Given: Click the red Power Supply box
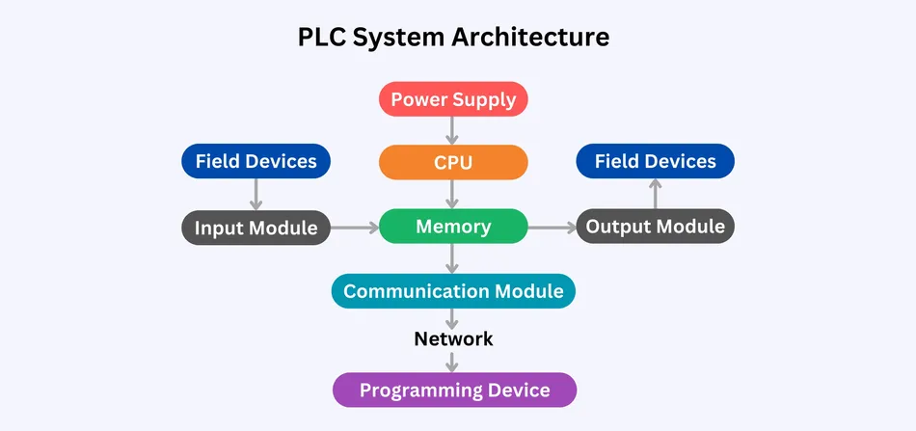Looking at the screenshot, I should coord(453,99).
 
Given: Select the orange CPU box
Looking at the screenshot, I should coord(453,162).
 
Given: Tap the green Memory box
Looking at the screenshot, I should coord(453,228).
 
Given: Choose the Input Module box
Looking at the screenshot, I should coord(256,228).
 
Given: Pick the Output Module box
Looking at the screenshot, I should coord(656,228).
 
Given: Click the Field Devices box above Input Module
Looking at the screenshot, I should coord(256,161).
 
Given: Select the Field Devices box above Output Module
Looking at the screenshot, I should coord(656,161).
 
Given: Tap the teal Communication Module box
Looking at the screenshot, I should coord(453,291).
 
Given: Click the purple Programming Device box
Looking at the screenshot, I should coord(454,391).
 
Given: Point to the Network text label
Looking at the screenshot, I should coord(453,339).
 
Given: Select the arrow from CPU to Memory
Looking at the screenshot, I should coord(453,195).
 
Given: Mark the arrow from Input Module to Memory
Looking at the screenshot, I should coord(354,229).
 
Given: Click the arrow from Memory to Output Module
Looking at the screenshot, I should coord(552,229).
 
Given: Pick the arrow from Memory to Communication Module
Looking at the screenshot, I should coord(453,258).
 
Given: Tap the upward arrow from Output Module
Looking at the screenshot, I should coord(656,194).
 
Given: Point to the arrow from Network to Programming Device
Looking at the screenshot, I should coord(453,362).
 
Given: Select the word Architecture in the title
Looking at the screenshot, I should coord(531,38).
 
